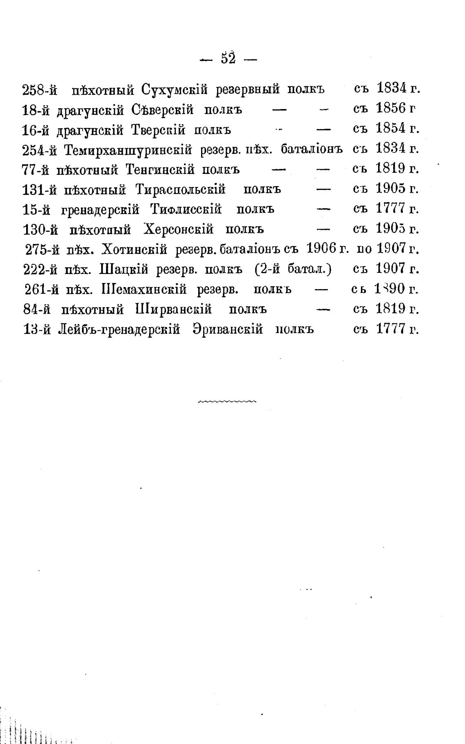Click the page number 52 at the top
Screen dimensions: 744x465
pyautogui.click(x=228, y=59)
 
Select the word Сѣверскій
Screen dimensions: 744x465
pyautogui.click(x=163, y=110)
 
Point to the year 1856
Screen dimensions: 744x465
pyautogui.click(x=390, y=109)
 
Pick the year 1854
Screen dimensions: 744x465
pyautogui.click(x=390, y=129)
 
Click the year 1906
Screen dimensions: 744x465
pyautogui.click(x=321, y=248)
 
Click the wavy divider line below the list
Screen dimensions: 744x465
pyautogui.click(x=227, y=402)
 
